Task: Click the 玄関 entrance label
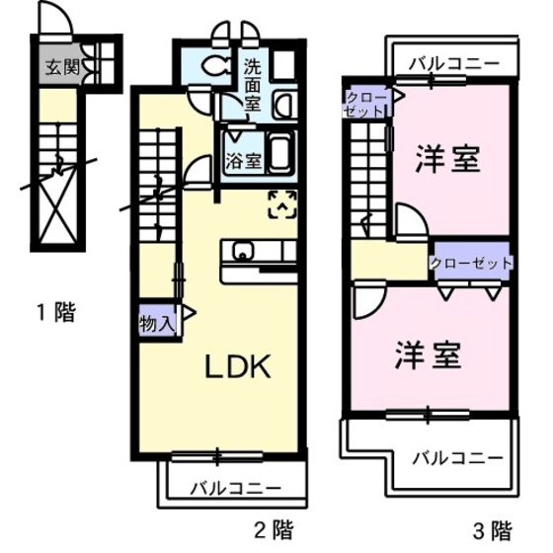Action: [63, 67]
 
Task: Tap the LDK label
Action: [238, 366]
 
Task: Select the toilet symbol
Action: [216, 65]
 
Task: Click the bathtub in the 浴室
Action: [281, 153]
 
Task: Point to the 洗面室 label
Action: [253, 86]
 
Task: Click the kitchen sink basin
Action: [243, 252]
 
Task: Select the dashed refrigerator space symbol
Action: [282, 204]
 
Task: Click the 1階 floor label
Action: [56, 312]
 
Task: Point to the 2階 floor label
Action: [274, 530]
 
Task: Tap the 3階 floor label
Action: [493, 531]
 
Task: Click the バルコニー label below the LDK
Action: [236, 489]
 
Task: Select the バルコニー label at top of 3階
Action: [454, 64]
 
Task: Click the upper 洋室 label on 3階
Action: [448, 159]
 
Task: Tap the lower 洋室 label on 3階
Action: [429, 355]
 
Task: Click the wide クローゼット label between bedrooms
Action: [471, 263]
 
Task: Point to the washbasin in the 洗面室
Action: [285, 105]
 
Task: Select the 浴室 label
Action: [244, 160]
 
